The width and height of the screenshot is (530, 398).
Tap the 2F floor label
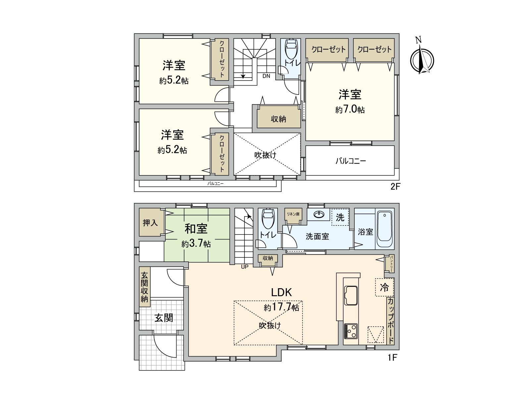395,186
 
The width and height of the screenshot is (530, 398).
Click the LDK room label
282,292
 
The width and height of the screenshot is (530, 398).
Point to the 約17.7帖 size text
282,308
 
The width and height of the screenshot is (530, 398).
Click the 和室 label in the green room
196,229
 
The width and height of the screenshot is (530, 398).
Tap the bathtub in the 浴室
384,229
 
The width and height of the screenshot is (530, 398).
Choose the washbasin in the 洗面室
319,215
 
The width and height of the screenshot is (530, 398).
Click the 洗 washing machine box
340,217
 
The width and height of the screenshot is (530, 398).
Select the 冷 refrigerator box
384,287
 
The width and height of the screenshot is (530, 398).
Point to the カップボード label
391,321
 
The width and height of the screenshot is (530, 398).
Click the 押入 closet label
150,223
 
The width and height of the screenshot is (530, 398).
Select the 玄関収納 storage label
144,287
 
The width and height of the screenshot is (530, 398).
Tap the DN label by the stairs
266,76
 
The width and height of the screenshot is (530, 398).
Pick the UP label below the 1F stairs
244,266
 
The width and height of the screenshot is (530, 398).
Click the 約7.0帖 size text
350,109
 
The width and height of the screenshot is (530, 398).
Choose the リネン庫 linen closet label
293,214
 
